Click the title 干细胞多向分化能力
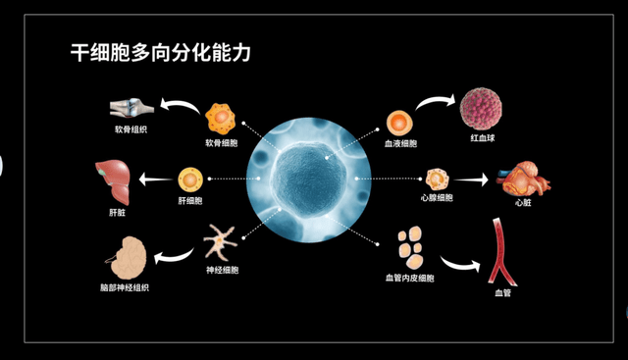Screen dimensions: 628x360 pyautogui.click(x=160, y=53)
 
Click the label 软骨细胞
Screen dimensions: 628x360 pyautogui.click(x=222, y=142)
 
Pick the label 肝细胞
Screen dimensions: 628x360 pyautogui.click(x=189, y=201)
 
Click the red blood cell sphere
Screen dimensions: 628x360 pyautogui.click(x=482, y=108)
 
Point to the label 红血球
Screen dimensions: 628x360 pyautogui.click(x=483, y=138)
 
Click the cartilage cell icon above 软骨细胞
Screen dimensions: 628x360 pyautogui.click(x=222, y=119)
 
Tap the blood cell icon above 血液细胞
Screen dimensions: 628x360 pyautogui.click(x=399, y=124)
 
